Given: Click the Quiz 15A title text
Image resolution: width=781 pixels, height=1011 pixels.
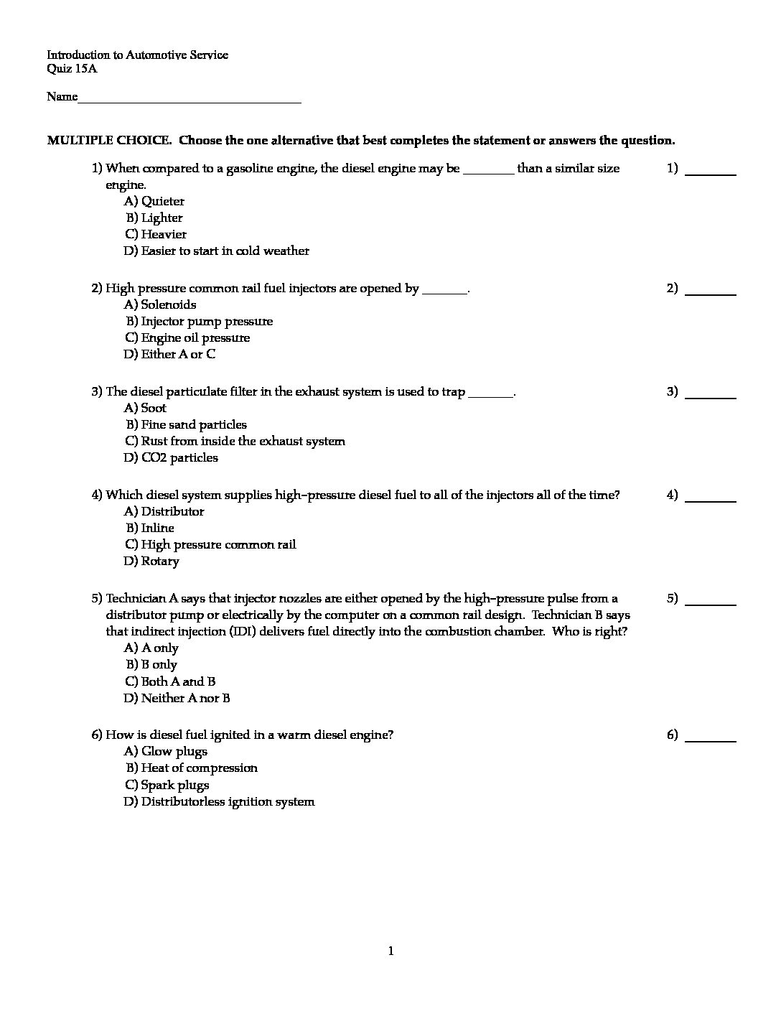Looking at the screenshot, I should [72, 69].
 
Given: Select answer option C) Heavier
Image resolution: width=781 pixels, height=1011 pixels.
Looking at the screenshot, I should [156, 234].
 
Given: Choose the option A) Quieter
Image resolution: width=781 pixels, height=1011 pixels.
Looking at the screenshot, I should [154, 201].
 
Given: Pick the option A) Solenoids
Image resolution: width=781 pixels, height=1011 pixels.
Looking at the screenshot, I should [160, 304].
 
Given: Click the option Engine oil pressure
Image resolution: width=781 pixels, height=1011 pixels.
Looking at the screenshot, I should [187, 337].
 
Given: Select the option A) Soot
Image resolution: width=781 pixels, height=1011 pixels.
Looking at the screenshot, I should [145, 408].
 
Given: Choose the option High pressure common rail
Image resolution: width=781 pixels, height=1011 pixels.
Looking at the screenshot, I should [210, 544].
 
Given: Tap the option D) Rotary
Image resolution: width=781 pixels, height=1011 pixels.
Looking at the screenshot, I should [151, 561].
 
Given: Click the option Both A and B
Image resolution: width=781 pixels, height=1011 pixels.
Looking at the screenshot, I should [170, 681].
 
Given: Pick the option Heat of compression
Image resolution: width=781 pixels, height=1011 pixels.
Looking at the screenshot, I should [192, 768].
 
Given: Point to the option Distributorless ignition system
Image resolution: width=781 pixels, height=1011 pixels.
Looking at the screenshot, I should [219, 801].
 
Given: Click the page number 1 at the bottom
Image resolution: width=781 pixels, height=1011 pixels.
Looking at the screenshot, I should [390, 951].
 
